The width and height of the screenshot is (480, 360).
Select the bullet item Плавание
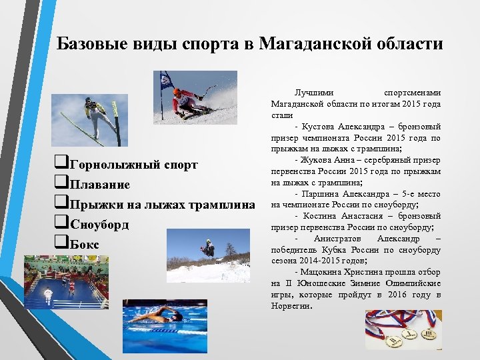tap(99, 185)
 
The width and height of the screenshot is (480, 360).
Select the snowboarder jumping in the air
tap(209, 249)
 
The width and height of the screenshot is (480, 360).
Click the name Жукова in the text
tap(316, 160)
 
